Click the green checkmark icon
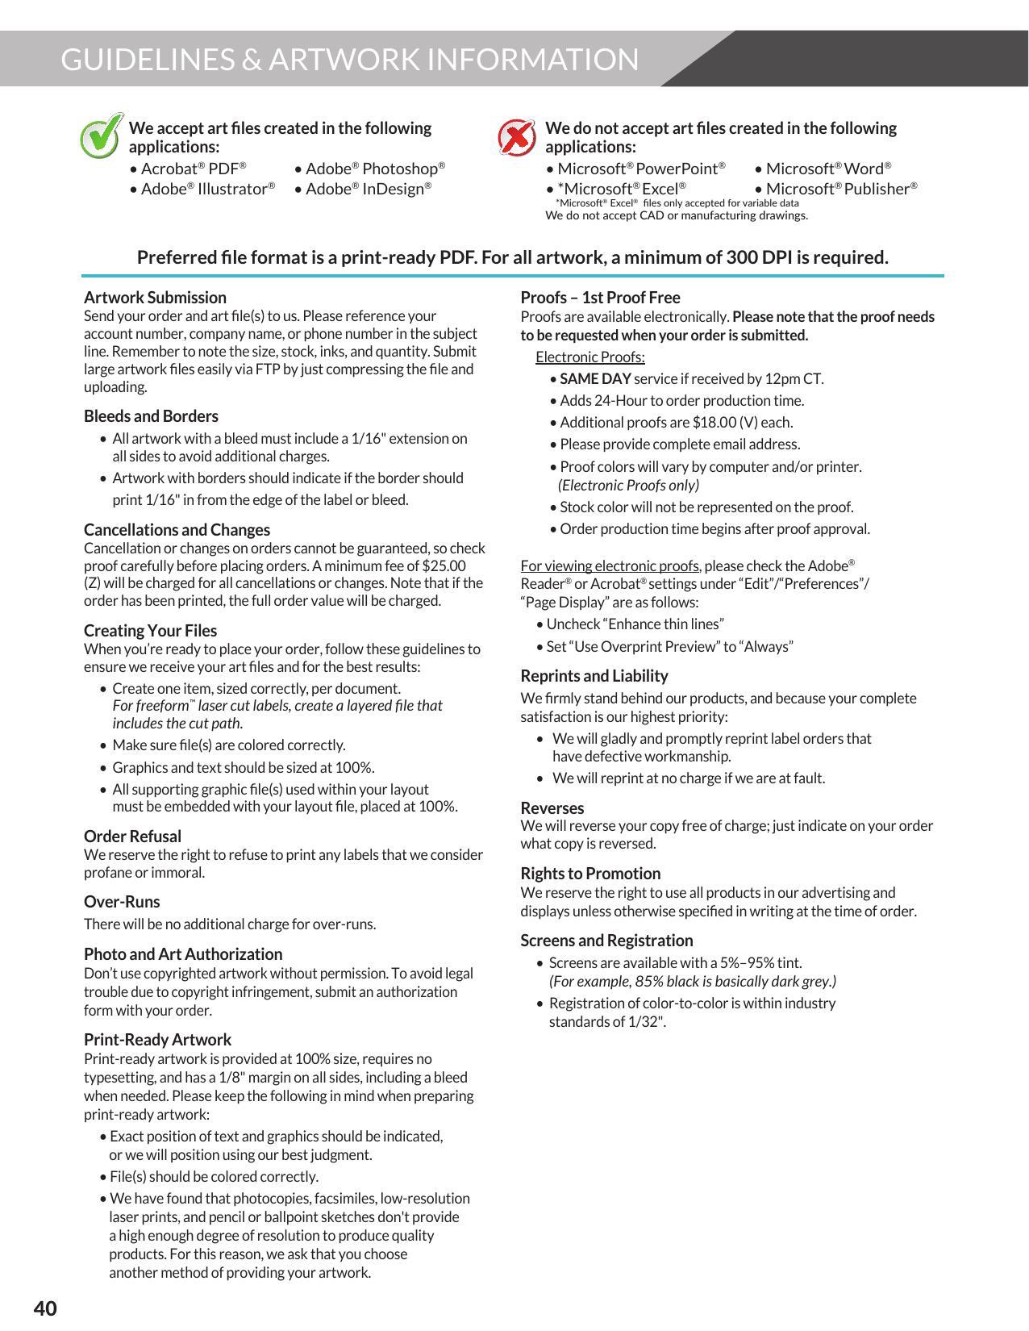[x=102, y=136]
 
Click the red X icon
[x=516, y=136]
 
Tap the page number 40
[x=45, y=1308]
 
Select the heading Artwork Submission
[x=155, y=297]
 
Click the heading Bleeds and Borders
[x=151, y=416]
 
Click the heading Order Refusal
[x=132, y=836]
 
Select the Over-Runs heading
[x=122, y=901]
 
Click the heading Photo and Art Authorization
[x=183, y=953]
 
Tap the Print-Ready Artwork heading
[x=157, y=1039]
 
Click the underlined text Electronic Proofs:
[x=589, y=357]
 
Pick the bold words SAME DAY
[x=595, y=378]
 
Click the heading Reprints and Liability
[x=594, y=675]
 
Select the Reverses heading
[x=552, y=807]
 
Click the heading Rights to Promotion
[x=590, y=873]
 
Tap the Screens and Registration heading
[x=606, y=940]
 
